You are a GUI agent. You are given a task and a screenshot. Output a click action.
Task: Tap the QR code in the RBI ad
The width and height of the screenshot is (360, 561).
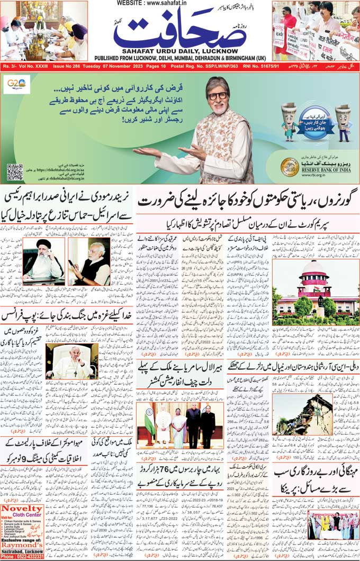tap(15, 172)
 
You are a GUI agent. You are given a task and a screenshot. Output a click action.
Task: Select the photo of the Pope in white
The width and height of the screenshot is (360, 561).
tap(71, 361)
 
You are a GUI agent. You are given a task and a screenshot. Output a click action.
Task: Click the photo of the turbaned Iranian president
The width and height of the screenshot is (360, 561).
tap(43, 261)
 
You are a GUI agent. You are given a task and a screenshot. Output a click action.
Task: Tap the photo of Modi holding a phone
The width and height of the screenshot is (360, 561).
tap(88, 261)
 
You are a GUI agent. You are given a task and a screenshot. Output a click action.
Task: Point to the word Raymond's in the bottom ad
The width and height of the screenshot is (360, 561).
tap(22, 544)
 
